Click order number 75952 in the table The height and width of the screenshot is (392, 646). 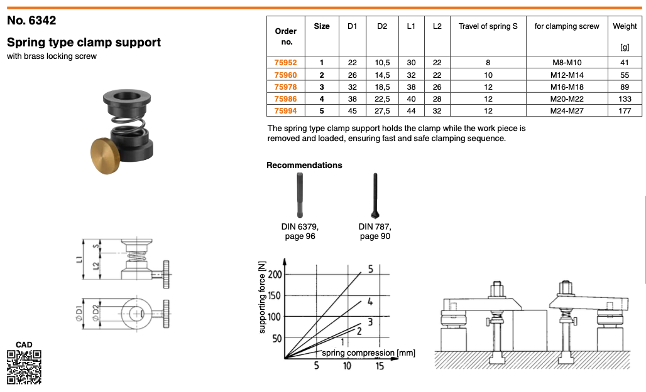pos(285,63)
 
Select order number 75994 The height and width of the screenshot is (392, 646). pos(285,110)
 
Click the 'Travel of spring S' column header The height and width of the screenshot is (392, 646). pos(488,26)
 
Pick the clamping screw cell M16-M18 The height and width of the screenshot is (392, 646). pos(567,87)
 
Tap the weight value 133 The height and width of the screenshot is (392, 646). pos(625,98)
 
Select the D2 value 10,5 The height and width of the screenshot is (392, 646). pos(382,63)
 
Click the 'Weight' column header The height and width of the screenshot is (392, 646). pos(625,26)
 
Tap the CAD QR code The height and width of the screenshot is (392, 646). pos(24,366)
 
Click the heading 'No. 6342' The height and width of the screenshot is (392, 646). pos(31,20)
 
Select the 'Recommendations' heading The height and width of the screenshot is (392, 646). pos(304,166)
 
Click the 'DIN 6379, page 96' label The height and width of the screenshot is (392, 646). pos(300,231)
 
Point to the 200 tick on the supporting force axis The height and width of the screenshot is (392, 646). pos(274,275)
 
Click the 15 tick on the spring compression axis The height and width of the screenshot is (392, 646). pos(380,366)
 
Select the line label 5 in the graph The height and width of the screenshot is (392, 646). pos(371,269)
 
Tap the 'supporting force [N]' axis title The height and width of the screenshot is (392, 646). pos(263,298)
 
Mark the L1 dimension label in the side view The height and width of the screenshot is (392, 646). pos(78,258)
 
